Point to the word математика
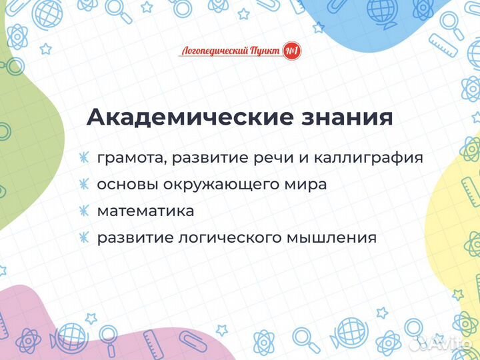click(145, 211)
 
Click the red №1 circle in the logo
click(291, 51)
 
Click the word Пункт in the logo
click(265, 51)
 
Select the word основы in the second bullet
click(125, 185)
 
